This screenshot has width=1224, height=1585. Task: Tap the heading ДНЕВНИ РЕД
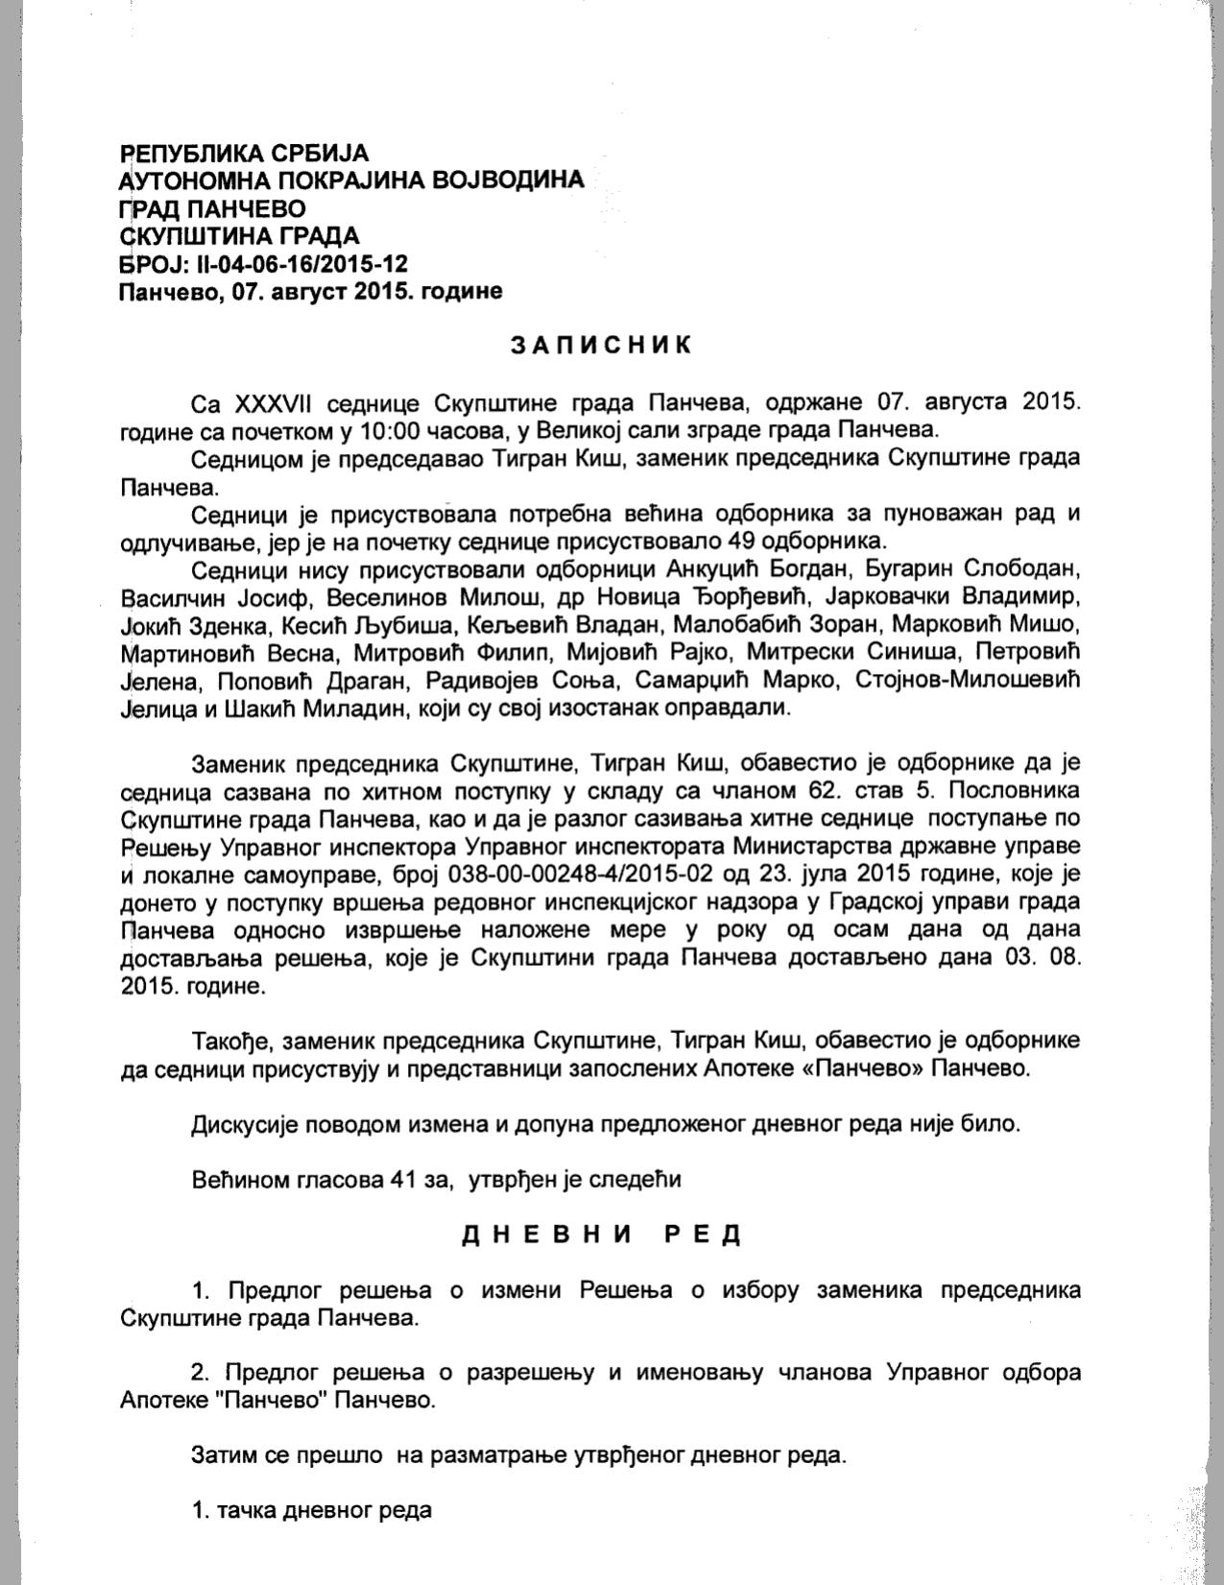[x=602, y=1235]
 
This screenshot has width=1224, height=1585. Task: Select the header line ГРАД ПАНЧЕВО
[x=213, y=208]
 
